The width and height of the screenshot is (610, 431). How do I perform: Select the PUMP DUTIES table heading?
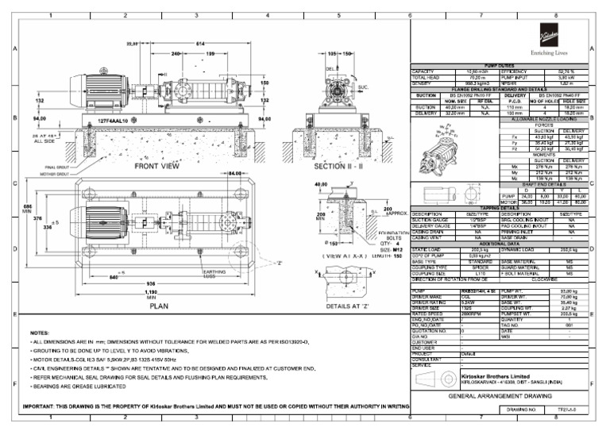tap(500, 65)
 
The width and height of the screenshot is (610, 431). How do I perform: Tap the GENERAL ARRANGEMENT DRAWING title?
tap(501, 395)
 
